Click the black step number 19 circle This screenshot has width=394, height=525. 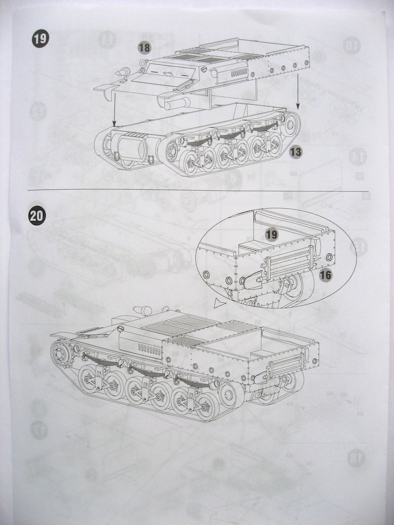click(40, 38)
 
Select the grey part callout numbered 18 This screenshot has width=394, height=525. click(145, 48)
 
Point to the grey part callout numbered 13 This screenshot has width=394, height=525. click(295, 151)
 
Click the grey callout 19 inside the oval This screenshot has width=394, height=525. click(271, 235)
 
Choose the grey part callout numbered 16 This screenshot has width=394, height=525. click(325, 275)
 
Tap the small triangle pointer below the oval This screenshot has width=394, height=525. click(220, 304)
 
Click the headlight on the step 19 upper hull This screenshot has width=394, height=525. click(123, 72)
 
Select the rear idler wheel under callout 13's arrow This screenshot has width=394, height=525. click(290, 124)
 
